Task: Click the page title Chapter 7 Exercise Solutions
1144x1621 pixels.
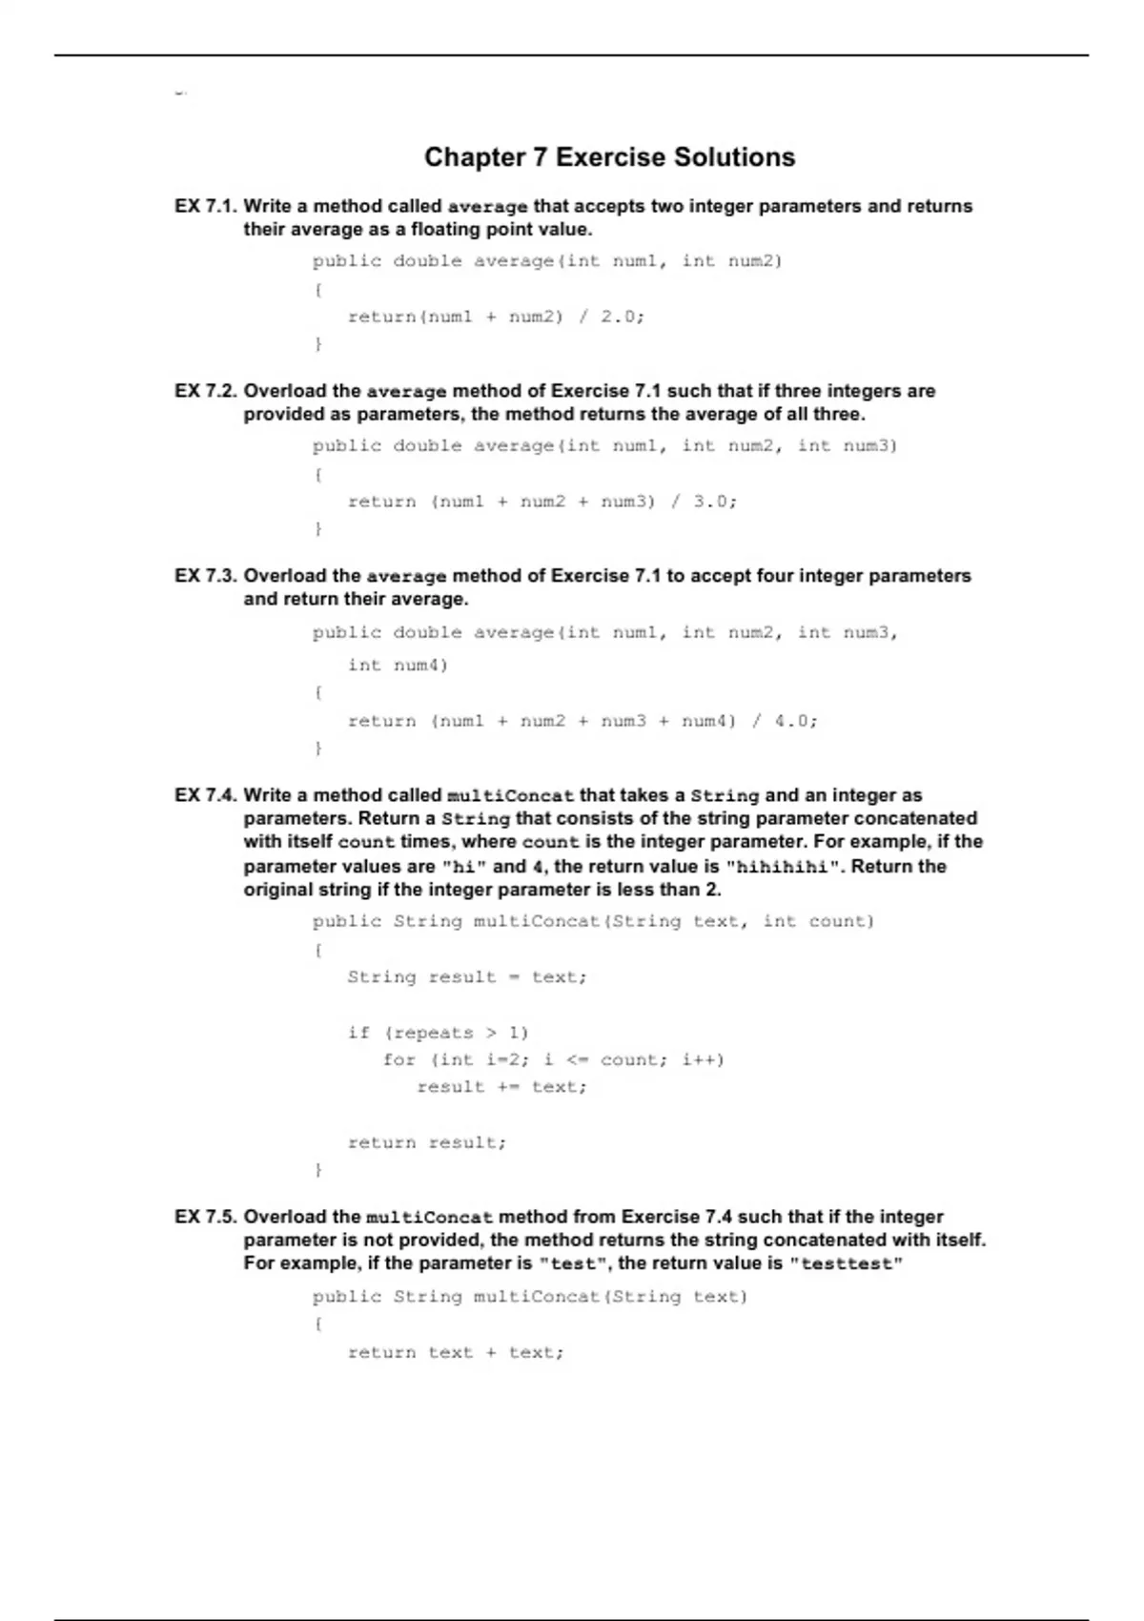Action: (609, 157)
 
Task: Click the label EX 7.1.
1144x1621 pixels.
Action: (205, 206)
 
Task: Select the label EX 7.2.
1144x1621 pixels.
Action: (205, 391)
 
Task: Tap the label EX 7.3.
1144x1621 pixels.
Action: (205, 576)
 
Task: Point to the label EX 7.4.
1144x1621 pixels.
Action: (205, 795)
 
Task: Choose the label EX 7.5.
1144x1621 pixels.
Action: (205, 1217)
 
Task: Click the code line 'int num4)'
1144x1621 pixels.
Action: (398, 665)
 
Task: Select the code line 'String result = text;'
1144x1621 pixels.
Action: (467, 977)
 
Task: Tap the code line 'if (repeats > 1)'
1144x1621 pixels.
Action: (438, 1033)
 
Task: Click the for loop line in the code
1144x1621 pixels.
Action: (553, 1059)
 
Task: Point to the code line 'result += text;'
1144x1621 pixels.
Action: (501, 1087)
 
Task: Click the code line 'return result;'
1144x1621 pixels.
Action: (426, 1142)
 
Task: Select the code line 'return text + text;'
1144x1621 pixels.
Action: (456, 1352)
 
